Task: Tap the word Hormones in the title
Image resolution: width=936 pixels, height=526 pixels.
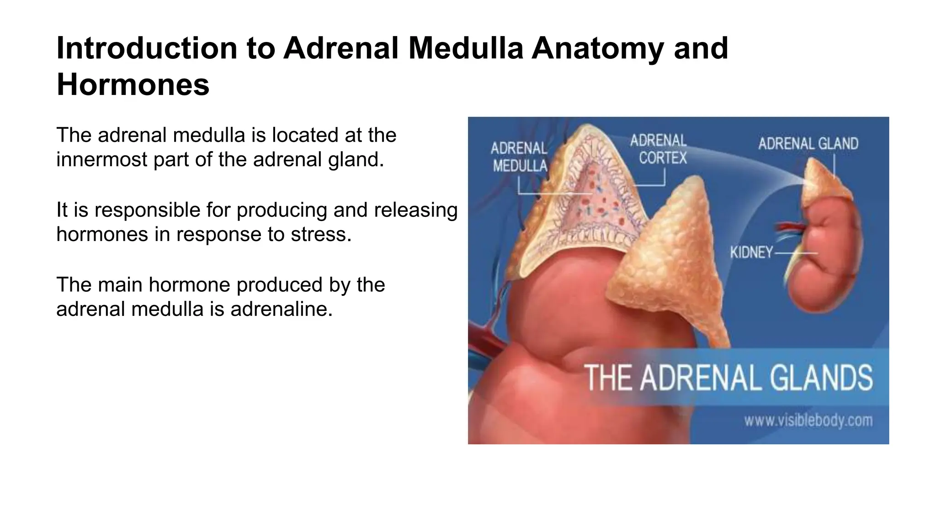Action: point(133,85)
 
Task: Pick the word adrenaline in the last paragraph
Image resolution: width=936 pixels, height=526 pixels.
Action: point(281,309)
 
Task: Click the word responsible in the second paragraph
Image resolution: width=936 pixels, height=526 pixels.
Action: point(147,210)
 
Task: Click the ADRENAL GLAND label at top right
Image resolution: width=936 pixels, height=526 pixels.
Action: point(808,144)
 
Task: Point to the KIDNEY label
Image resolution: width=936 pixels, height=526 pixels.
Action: point(751,252)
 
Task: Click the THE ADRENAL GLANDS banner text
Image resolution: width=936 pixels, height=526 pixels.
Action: point(728,378)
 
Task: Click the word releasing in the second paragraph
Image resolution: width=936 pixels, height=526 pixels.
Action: point(415,210)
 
